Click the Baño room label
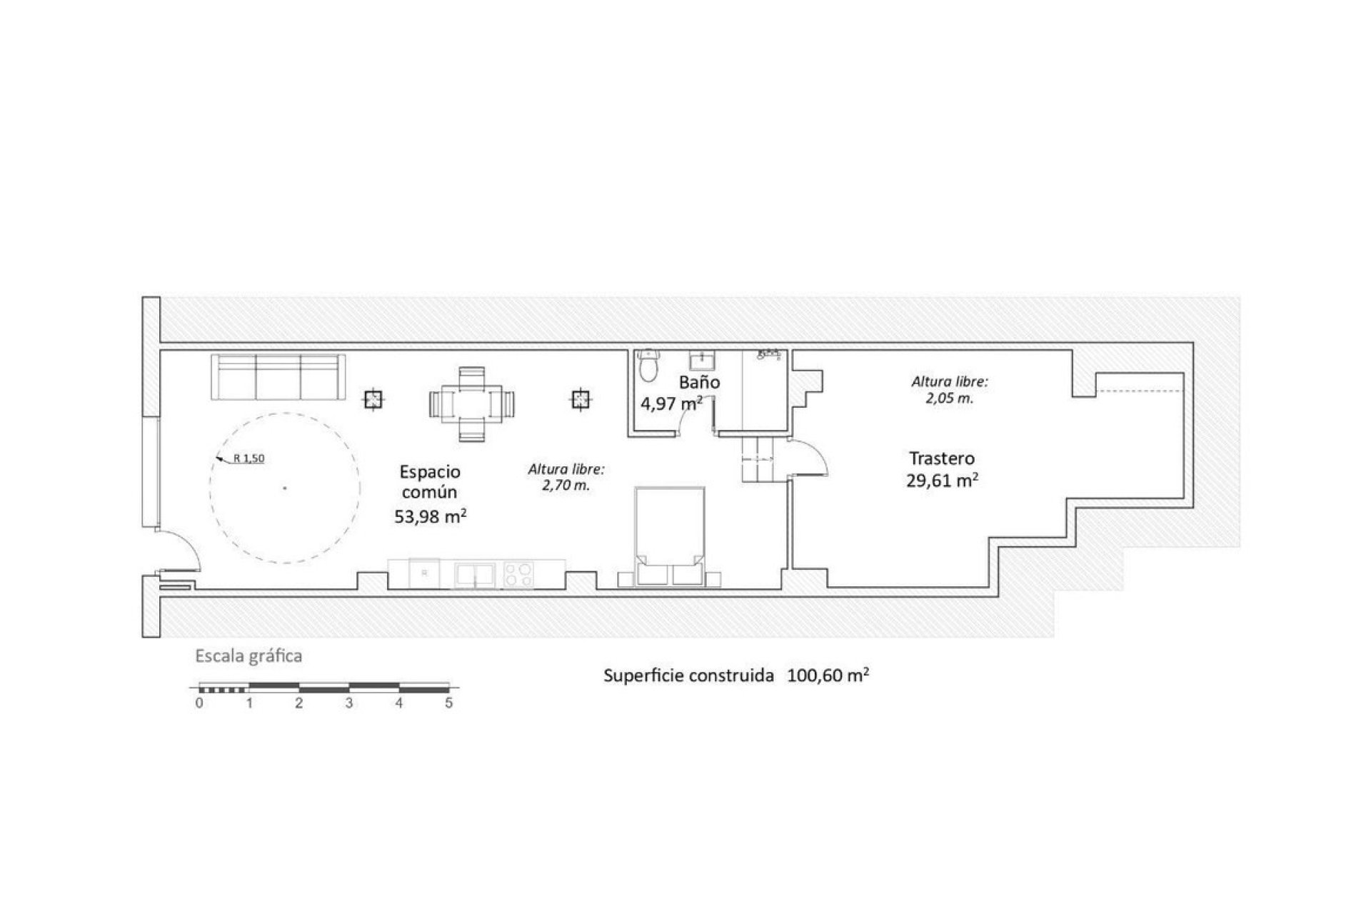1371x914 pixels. point(699,383)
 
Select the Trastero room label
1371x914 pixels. point(942,458)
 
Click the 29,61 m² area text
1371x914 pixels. point(942,481)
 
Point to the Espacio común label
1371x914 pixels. point(429,482)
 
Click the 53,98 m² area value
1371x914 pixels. point(431,516)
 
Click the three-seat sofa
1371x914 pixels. point(278,377)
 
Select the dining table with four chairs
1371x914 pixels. point(471,404)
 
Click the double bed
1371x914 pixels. point(670,536)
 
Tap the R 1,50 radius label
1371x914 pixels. point(248,459)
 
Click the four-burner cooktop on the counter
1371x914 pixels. point(518,575)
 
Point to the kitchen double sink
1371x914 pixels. point(475,575)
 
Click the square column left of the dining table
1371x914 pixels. point(373,400)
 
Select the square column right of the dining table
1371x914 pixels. point(581,400)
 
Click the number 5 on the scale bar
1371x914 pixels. point(448,703)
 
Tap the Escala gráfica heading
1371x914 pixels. point(248,656)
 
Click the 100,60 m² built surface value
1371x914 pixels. point(828,676)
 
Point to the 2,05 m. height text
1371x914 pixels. point(950,399)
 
